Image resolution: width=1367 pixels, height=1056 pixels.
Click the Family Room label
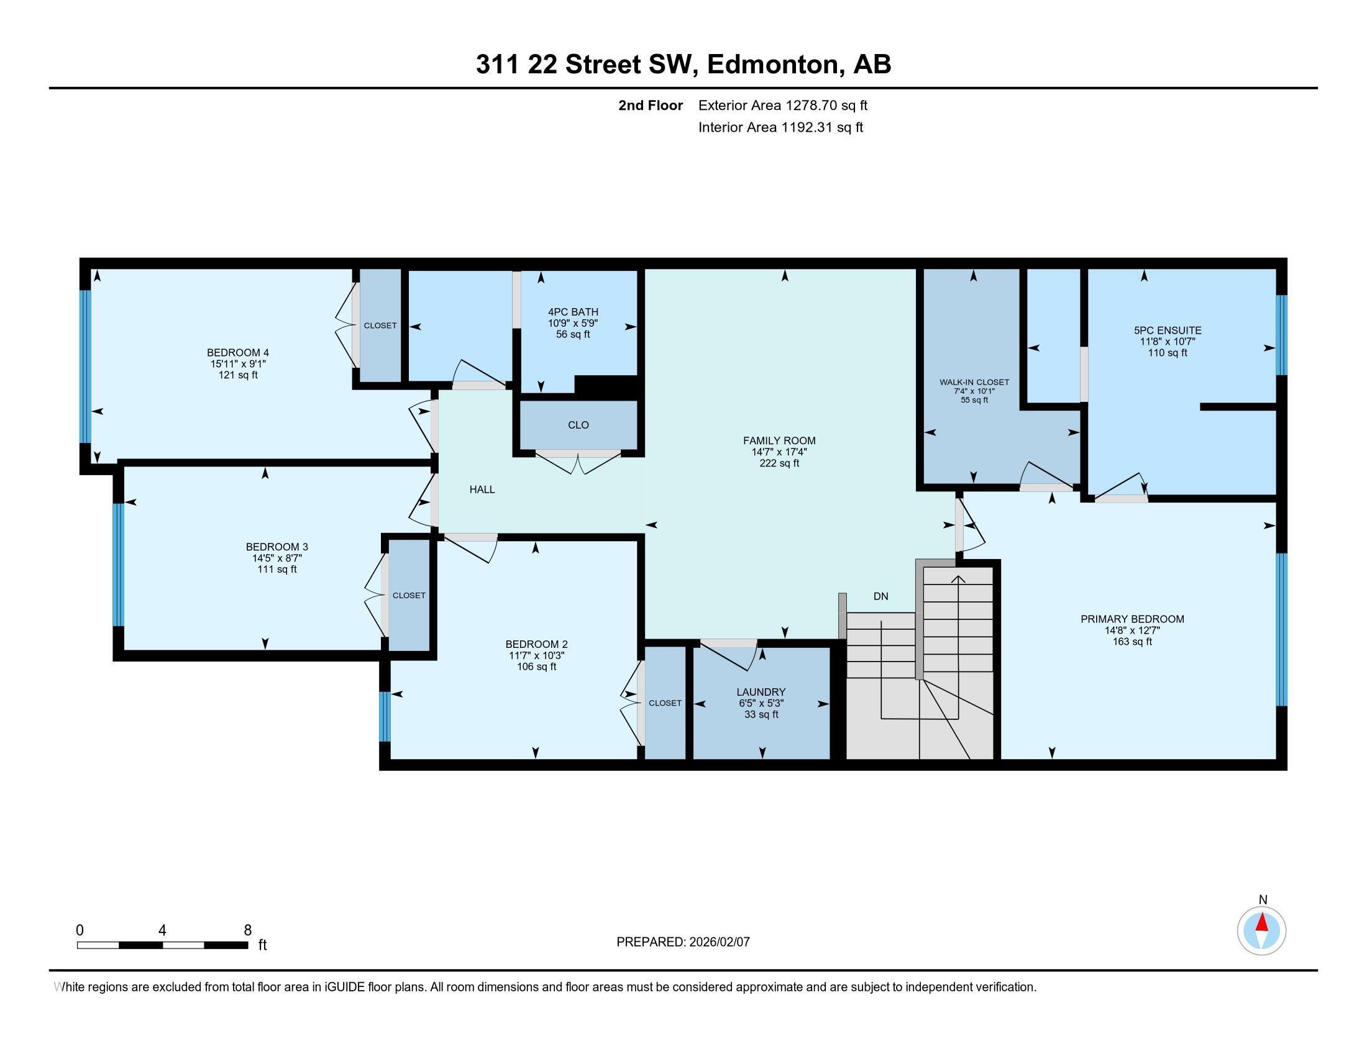coord(779,440)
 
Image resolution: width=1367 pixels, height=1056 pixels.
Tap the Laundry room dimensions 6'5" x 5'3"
coord(761,703)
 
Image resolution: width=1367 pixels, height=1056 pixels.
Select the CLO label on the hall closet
coord(578,425)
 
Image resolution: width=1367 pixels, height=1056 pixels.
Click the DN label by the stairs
coord(880,596)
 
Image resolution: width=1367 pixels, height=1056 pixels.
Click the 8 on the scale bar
coord(248,930)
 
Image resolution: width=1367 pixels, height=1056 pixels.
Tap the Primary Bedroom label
coord(1132,619)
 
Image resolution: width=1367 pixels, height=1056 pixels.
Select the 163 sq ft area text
coord(1132,641)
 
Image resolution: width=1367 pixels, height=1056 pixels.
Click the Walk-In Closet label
coord(974,382)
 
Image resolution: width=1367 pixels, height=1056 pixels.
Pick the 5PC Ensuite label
coord(1168,330)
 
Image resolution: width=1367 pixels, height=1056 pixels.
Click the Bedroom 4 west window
coord(86,366)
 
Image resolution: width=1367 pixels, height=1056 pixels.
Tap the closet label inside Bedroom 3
coord(409,596)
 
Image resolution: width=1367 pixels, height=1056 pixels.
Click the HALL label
coord(482,489)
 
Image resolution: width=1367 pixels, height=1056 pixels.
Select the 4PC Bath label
coord(573,312)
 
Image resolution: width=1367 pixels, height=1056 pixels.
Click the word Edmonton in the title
coord(773,65)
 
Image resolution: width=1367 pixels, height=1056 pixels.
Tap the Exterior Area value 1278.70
coord(811,105)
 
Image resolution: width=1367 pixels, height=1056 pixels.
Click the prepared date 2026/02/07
coord(718,942)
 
